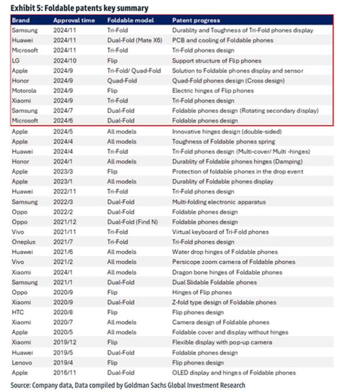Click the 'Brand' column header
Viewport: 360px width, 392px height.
(x=20, y=20)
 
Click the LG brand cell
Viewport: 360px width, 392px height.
(x=16, y=60)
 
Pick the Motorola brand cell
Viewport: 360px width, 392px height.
(x=24, y=91)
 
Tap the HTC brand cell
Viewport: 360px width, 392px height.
(x=18, y=312)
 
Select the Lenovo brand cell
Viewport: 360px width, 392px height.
(x=22, y=362)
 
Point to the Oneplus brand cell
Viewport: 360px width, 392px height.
(x=24, y=242)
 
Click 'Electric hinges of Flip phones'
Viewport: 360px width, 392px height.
(x=213, y=91)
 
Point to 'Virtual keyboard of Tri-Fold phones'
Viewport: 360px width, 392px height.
(x=220, y=232)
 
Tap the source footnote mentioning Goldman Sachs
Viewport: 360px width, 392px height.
(x=128, y=384)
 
